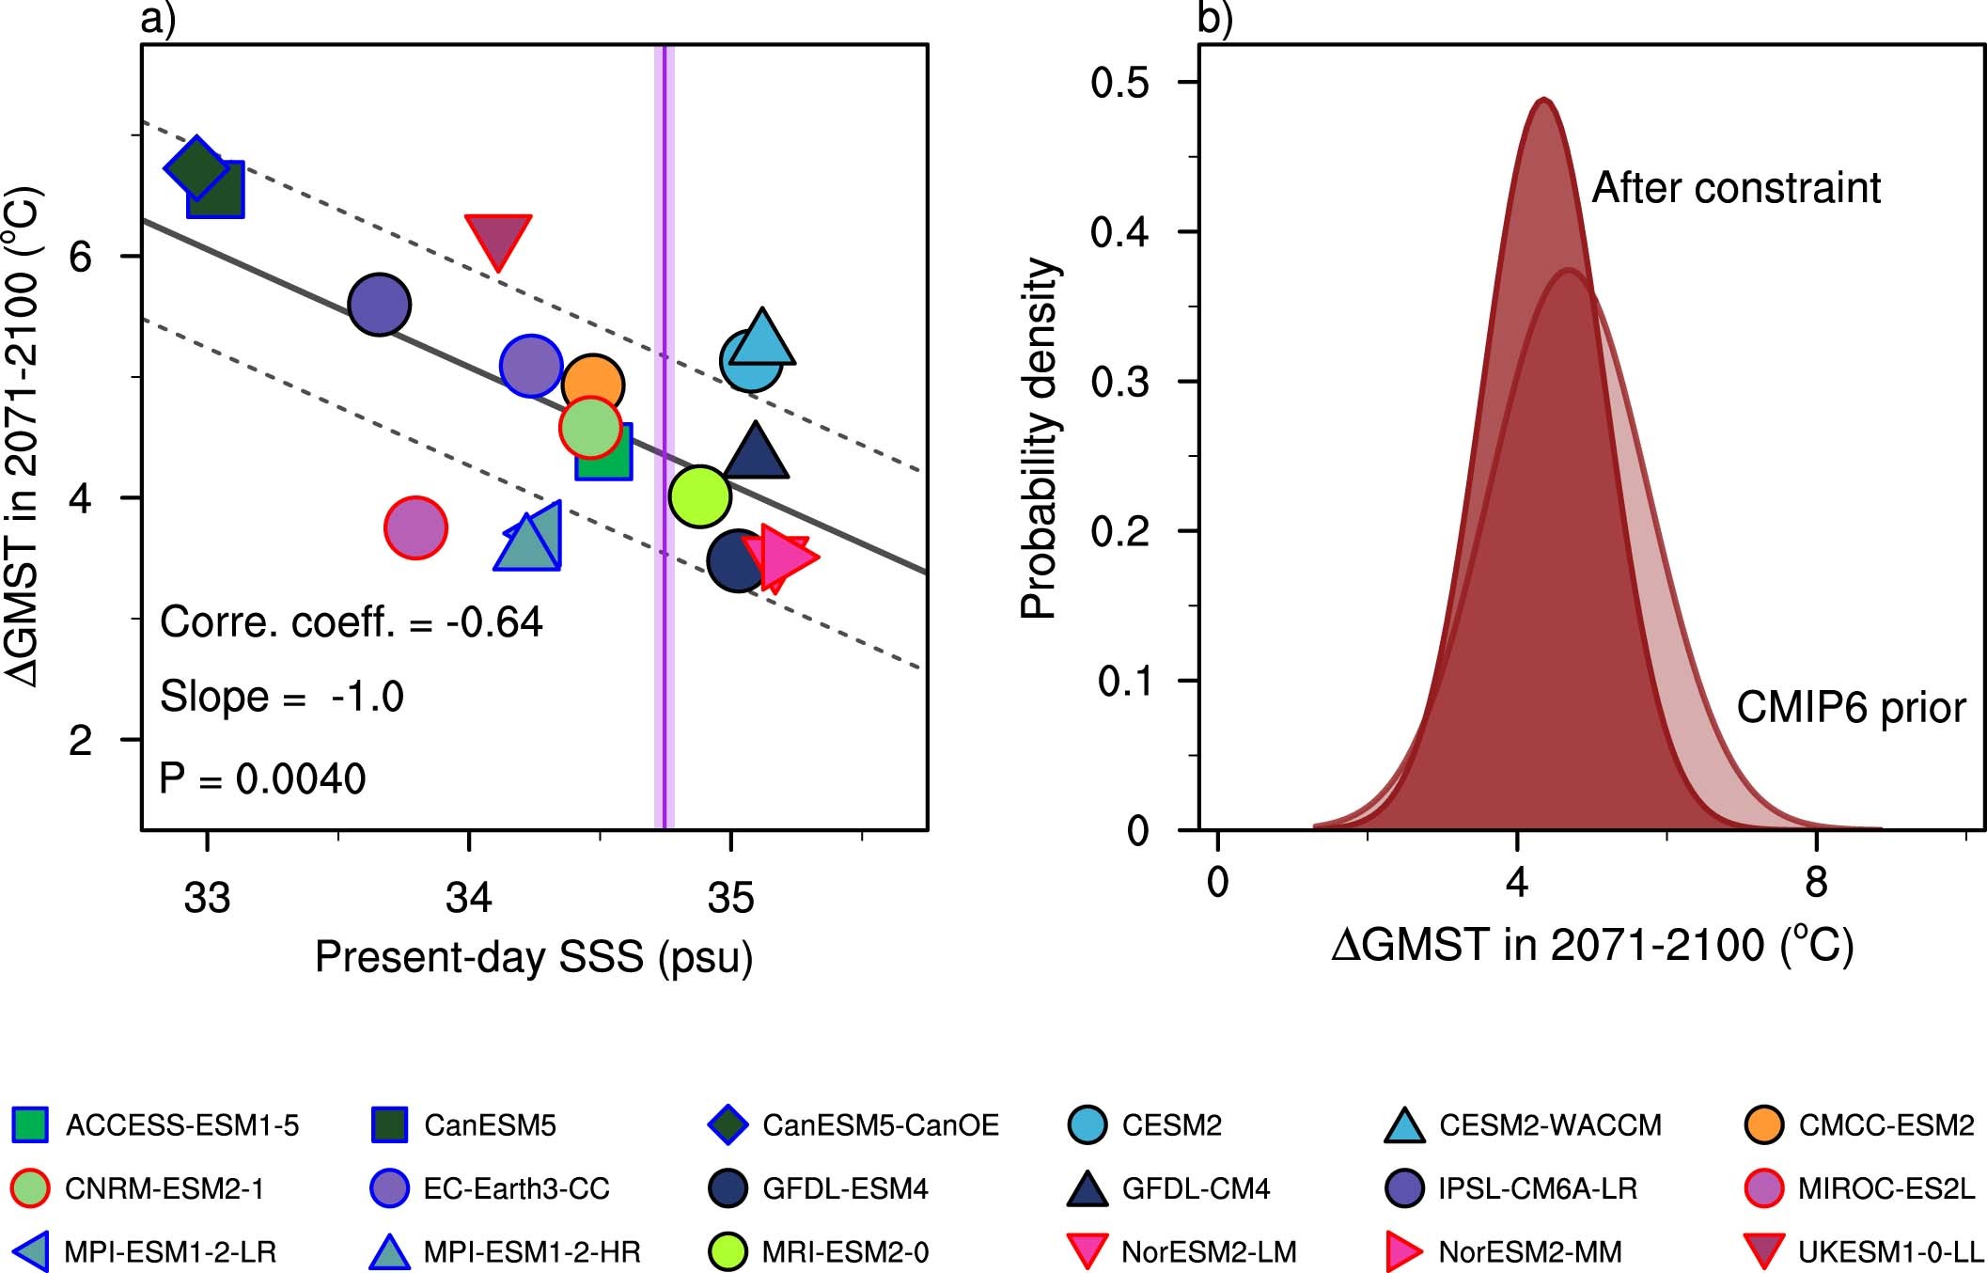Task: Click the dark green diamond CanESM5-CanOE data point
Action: [x=195, y=168]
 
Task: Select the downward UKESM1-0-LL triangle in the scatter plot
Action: [x=498, y=237]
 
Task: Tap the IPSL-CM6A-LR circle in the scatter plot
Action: [x=380, y=305]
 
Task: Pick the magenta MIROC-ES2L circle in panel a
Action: [x=415, y=528]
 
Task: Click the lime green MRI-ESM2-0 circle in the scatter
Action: [x=700, y=495]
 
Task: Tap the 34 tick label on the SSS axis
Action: [x=469, y=898]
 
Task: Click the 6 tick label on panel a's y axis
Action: [x=82, y=257]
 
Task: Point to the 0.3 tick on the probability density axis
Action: [x=1119, y=382]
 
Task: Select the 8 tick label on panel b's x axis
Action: [x=1816, y=882]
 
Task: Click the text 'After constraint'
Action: [x=1736, y=188]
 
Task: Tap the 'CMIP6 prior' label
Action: [x=1850, y=707]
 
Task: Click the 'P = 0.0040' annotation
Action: [x=262, y=778]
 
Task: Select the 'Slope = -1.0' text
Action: [x=281, y=697]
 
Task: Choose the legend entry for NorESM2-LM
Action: [x=1209, y=1251]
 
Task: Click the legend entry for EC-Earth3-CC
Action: [x=516, y=1188]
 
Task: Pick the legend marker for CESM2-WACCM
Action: [x=1405, y=1125]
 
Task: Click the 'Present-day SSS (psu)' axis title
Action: [x=534, y=957]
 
